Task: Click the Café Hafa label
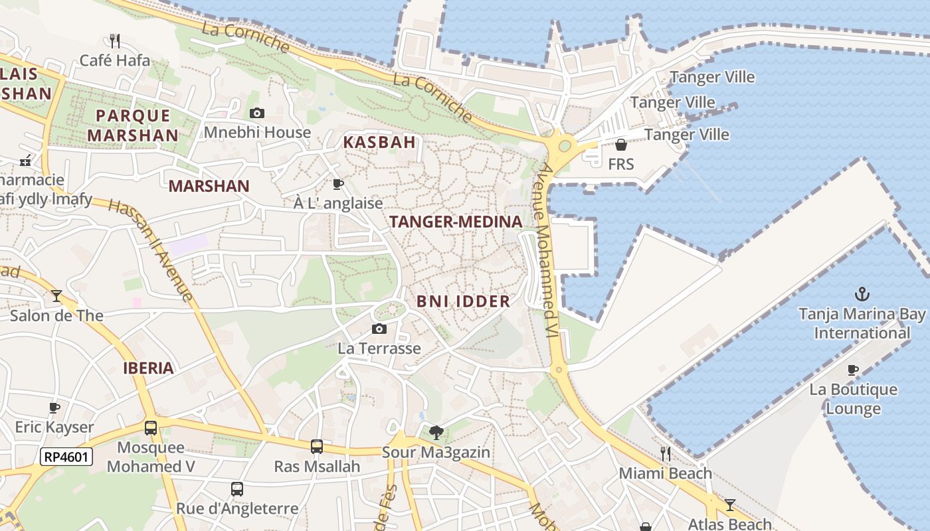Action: pyautogui.click(x=115, y=60)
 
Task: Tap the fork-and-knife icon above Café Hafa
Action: pyautogui.click(x=115, y=41)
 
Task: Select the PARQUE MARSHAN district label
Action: pyautogui.click(x=133, y=125)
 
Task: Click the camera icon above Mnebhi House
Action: pyautogui.click(x=257, y=114)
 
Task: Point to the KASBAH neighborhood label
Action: pyautogui.click(x=379, y=142)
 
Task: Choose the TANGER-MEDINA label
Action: pyautogui.click(x=456, y=222)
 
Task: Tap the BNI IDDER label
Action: pyautogui.click(x=463, y=301)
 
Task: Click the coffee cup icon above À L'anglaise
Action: pyautogui.click(x=338, y=184)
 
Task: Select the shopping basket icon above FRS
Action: pyautogui.click(x=621, y=145)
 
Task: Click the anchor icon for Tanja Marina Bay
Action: pyautogui.click(x=862, y=294)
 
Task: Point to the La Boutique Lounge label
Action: pyautogui.click(x=853, y=399)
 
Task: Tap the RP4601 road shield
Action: pyautogui.click(x=66, y=457)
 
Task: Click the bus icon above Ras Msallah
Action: pyautogui.click(x=317, y=447)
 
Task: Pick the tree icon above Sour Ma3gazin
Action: pyautogui.click(x=436, y=433)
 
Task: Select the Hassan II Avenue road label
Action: pyautogui.click(x=151, y=250)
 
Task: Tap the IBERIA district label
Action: pyautogui.click(x=148, y=368)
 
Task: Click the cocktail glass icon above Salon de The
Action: pyautogui.click(x=56, y=295)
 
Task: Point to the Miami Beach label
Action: pyautogui.click(x=665, y=473)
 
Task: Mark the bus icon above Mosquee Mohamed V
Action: pyautogui.click(x=151, y=428)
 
